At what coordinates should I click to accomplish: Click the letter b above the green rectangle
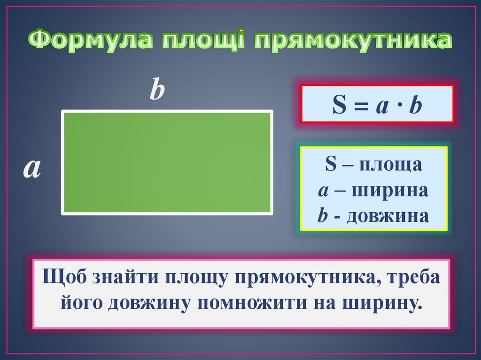point(157,91)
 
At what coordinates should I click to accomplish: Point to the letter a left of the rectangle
point(32,169)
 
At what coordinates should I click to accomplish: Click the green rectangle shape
point(167,162)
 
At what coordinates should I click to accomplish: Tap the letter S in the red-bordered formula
point(339,106)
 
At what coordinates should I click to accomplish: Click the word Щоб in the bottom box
point(60,277)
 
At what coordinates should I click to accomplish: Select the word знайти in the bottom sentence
point(121,277)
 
